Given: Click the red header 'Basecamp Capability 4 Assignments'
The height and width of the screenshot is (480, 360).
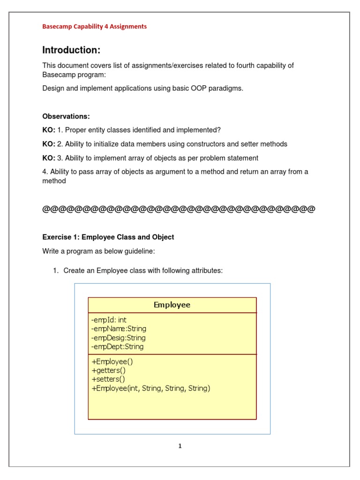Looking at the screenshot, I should click(x=94, y=27).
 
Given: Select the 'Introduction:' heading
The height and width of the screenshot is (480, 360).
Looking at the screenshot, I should click(x=71, y=50).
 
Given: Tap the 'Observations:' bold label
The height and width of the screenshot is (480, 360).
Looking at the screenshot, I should click(x=66, y=116).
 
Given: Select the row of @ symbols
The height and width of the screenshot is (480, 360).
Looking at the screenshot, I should click(x=179, y=209).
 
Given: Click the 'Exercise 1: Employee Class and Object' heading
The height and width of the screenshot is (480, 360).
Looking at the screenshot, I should click(x=108, y=237).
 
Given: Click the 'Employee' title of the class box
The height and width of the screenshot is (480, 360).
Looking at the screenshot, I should click(x=172, y=305).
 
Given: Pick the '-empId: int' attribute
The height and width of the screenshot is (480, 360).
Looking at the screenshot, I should click(x=109, y=320).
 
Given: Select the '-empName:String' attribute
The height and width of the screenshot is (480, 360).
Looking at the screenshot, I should click(x=119, y=329).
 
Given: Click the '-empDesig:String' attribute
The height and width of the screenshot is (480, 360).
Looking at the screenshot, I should click(x=118, y=337).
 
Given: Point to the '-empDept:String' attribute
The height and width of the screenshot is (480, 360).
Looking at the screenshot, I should click(x=117, y=347).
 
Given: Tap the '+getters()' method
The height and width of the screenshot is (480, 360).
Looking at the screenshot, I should click(x=108, y=370).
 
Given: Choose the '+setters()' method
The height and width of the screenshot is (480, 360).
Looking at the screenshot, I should click(x=108, y=379).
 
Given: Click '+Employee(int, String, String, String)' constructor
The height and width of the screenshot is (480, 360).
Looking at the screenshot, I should click(x=151, y=388).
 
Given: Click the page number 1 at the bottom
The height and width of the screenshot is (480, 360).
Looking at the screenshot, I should click(x=180, y=446).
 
